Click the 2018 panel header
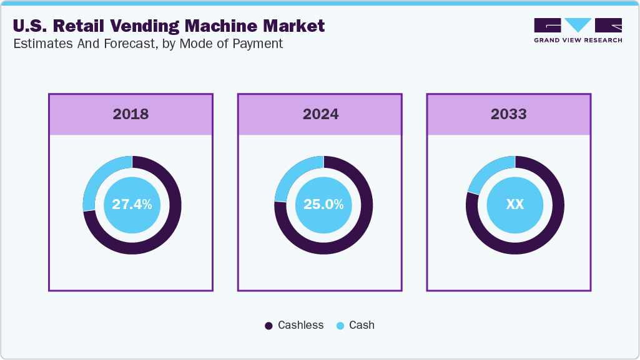[131, 114]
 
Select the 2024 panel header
[320, 114]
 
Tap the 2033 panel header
[508, 114]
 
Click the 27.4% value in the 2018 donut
[132, 204]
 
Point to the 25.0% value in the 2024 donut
[323, 204]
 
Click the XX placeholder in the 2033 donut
[514, 204]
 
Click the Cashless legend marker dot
[268, 326]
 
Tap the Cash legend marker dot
[340, 326]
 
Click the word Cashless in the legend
[300, 325]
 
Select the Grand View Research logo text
[578, 41]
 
